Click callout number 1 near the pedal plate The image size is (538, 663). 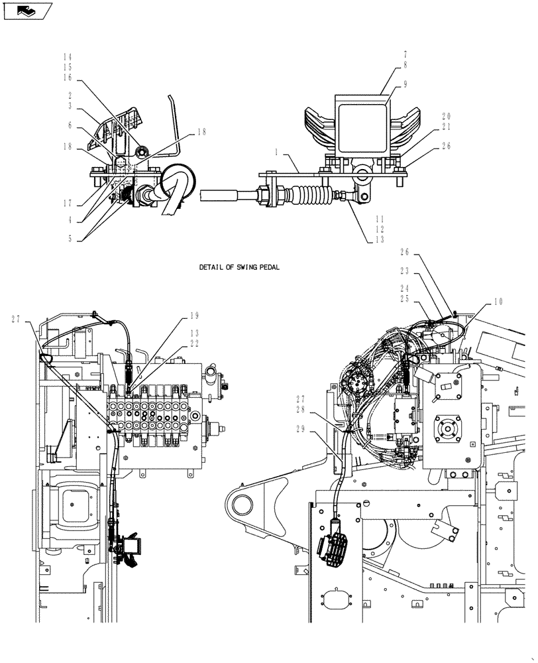278,152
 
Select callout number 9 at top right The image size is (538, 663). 405,85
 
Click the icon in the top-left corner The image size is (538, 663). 27,10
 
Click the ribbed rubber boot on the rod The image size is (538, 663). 313,197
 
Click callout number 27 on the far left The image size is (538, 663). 15,319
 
